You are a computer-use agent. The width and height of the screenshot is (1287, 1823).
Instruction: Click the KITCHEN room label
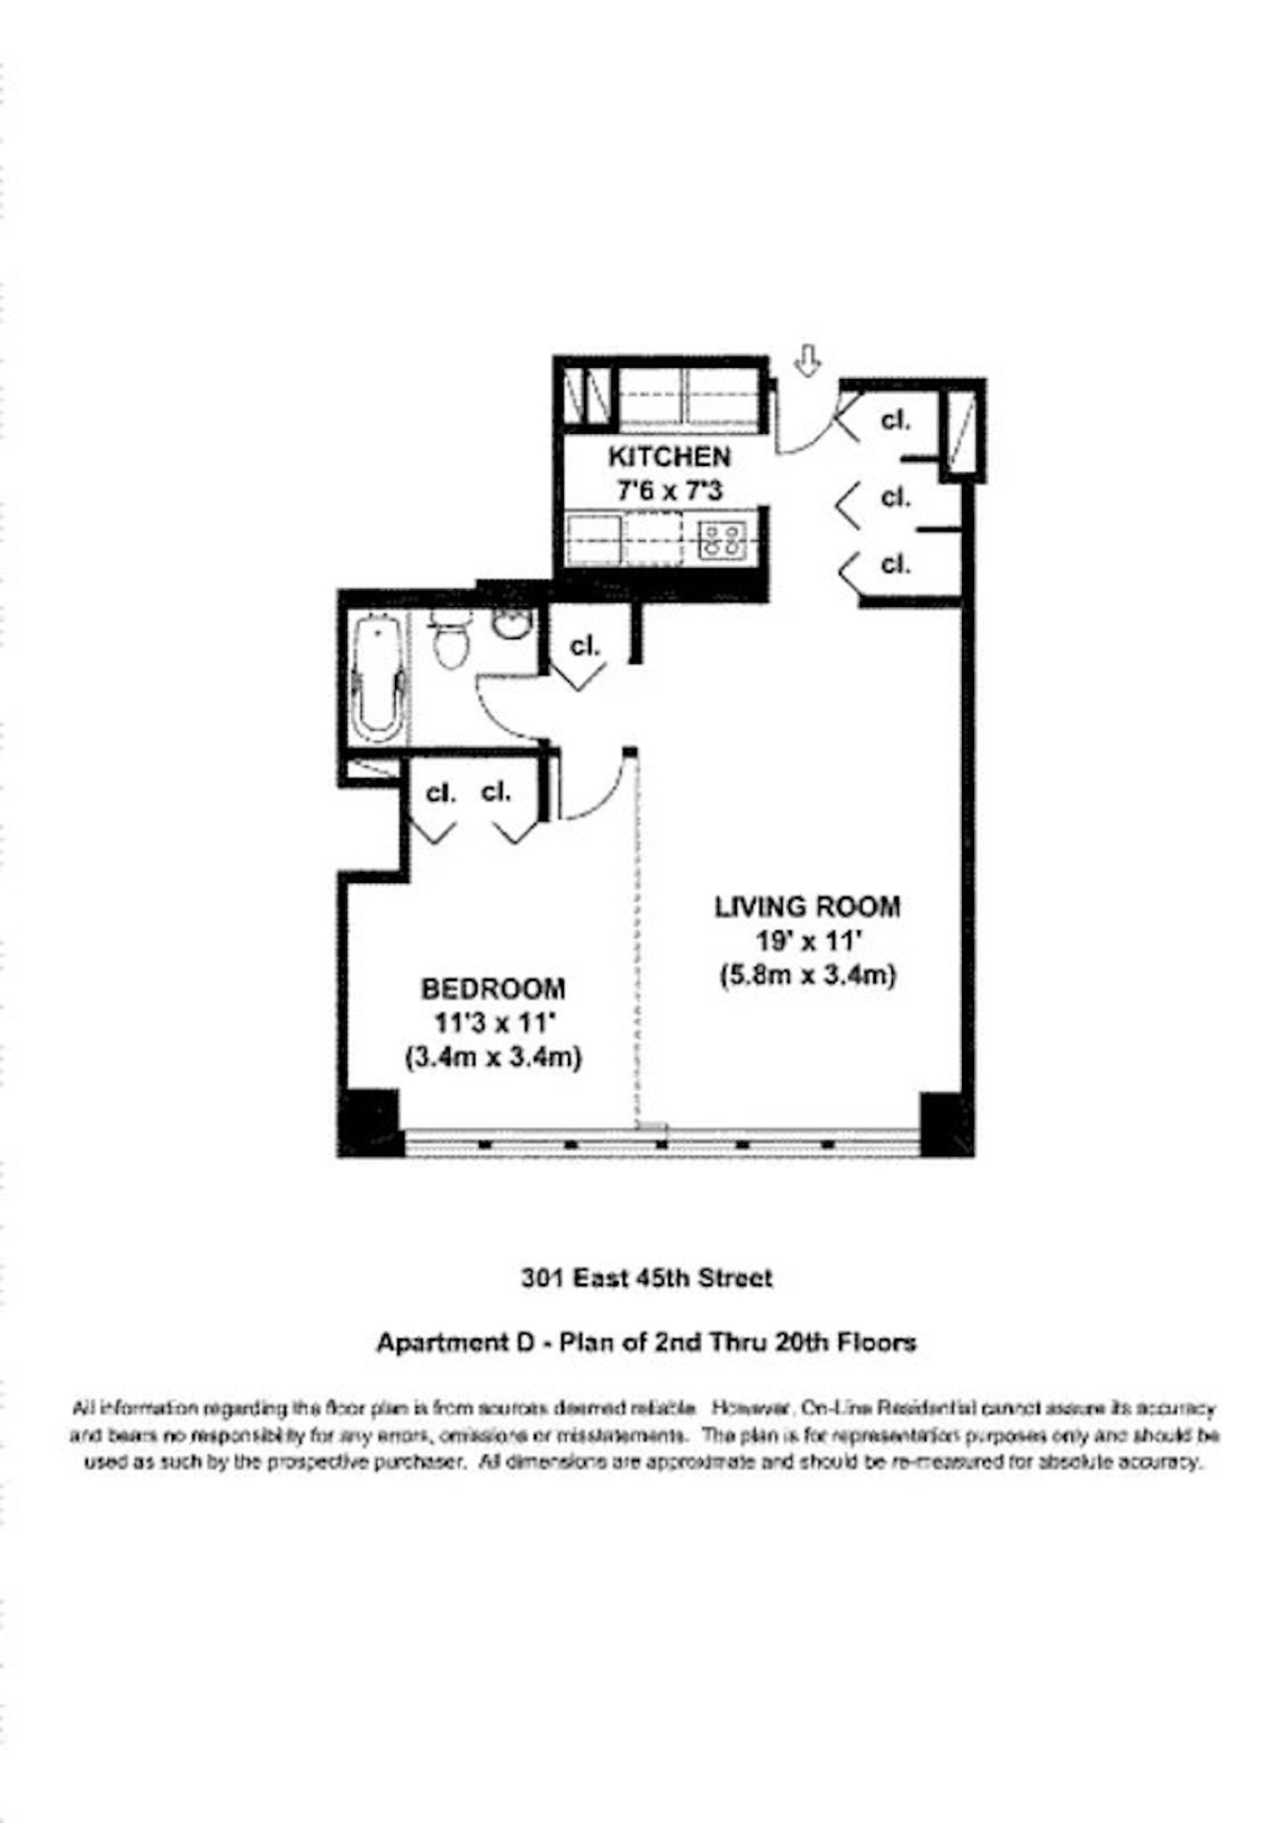(669, 457)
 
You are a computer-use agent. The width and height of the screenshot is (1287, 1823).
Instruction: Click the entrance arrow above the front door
(808, 362)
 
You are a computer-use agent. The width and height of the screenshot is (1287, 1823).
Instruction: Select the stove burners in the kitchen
(722, 540)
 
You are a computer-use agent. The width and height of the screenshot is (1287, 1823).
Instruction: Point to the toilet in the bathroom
(450, 642)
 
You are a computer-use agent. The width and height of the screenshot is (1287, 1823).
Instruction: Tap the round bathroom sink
(511, 625)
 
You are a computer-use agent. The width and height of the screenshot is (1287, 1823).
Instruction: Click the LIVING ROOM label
(808, 907)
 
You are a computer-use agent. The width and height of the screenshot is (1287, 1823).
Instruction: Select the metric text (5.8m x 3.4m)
(808, 976)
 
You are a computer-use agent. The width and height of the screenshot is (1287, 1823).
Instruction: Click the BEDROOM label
(494, 988)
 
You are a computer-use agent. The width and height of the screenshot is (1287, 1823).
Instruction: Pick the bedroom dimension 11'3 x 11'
(494, 1023)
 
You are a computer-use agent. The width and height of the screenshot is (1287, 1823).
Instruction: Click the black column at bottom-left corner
(369, 1122)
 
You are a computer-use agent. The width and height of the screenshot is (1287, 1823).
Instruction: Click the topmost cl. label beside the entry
(895, 419)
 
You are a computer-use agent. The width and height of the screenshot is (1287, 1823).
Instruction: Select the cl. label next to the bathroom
(585, 646)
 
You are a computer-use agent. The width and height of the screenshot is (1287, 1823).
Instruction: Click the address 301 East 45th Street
(646, 1279)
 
